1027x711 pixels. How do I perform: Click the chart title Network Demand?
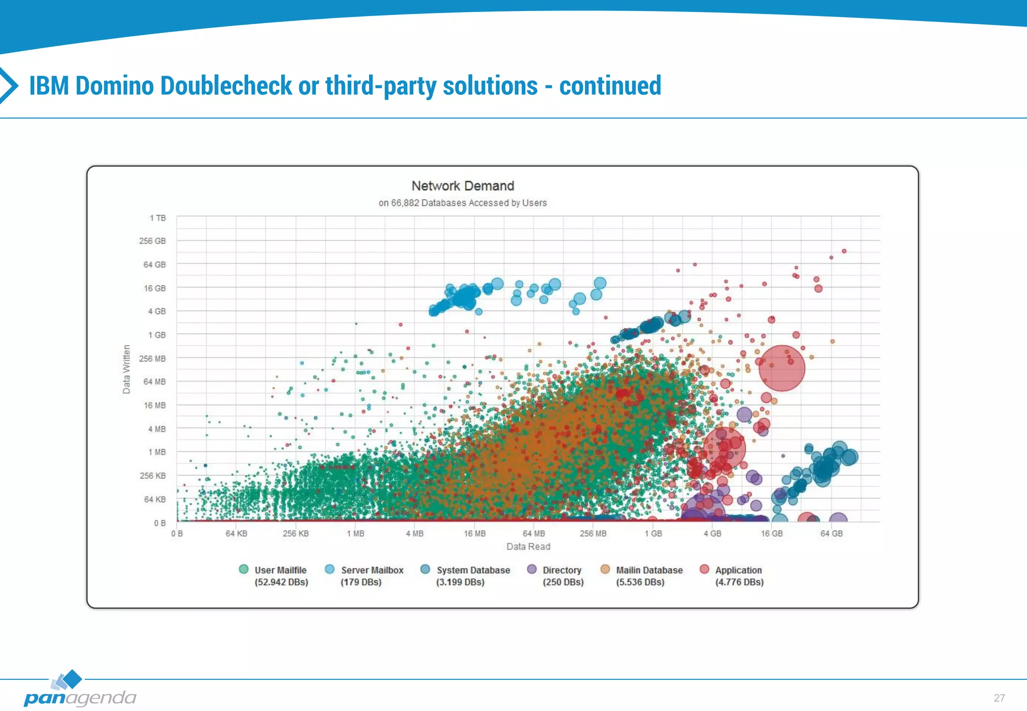tap(462, 186)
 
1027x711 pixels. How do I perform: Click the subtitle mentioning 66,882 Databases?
tap(462, 203)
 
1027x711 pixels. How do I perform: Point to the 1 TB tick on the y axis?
tap(157, 218)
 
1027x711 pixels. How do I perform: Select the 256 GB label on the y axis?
tap(152, 241)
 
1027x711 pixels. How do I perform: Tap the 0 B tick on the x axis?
tap(177, 534)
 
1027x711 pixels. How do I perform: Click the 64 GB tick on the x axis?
tap(831, 534)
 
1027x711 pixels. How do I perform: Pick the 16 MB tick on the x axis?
tap(474, 534)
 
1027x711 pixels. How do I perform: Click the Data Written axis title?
tap(126, 369)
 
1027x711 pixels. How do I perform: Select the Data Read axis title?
tap(528, 547)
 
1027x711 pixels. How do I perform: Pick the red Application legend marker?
tap(705, 570)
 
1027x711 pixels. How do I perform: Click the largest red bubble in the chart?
tap(782, 368)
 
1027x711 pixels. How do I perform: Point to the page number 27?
tap(999, 698)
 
